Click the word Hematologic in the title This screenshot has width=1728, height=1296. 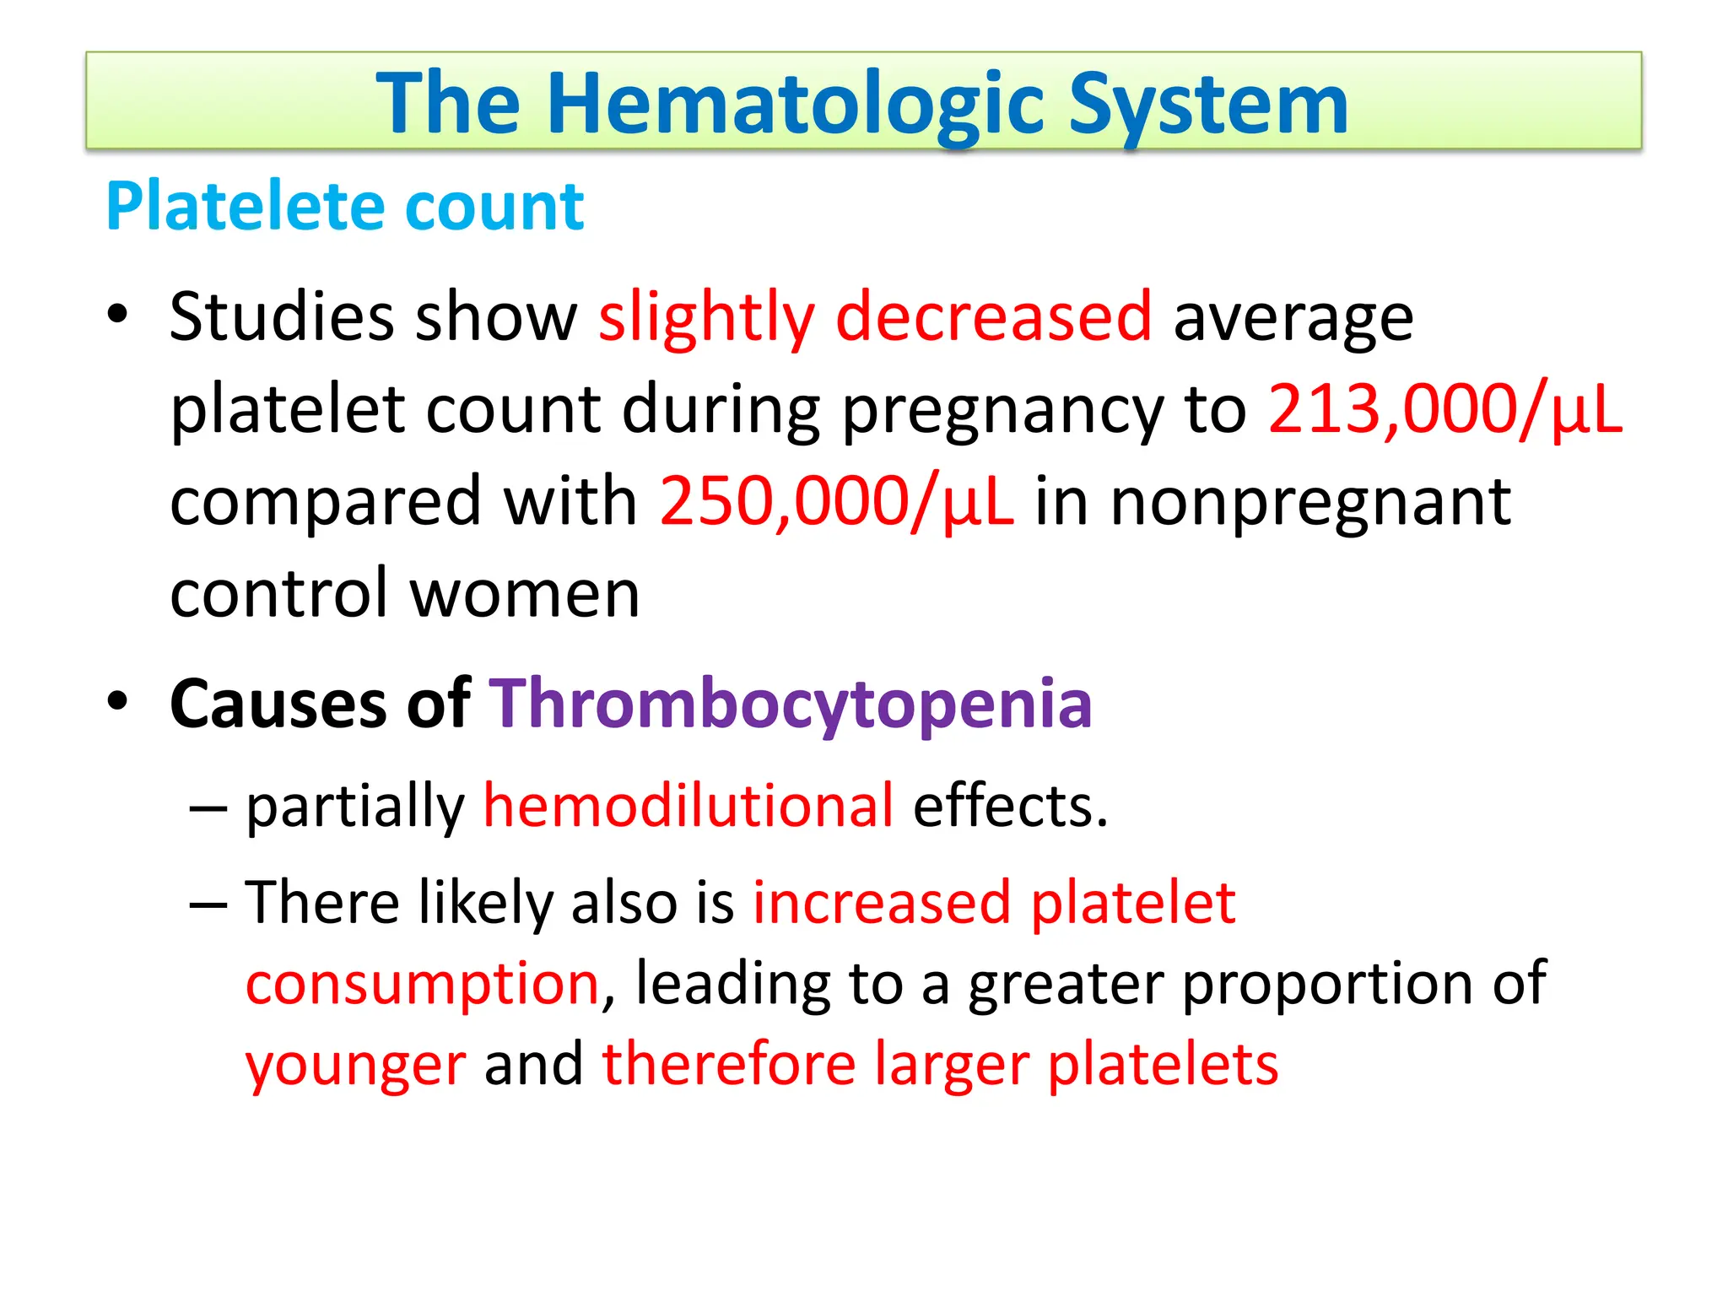[x=797, y=105]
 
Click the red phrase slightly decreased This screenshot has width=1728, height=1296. [x=875, y=317]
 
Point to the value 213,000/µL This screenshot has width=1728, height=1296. [x=1444, y=410]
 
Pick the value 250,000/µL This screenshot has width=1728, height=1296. [x=836, y=502]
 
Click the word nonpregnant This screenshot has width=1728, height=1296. [x=1310, y=502]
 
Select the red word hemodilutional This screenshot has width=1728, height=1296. [x=688, y=806]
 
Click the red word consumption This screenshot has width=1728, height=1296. [x=422, y=984]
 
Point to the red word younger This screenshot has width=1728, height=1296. [x=355, y=1064]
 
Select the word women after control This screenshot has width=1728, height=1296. [x=525, y=594]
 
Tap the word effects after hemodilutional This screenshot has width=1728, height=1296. [x=1010, y=806]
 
